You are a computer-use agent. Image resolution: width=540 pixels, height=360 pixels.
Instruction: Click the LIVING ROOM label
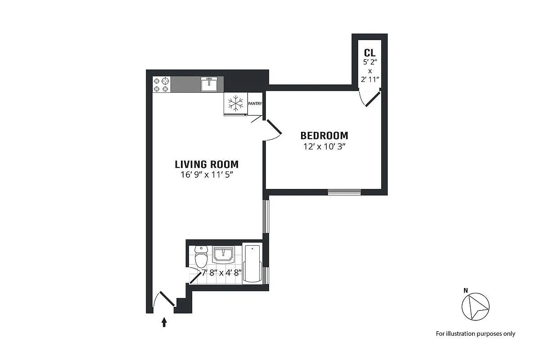coord(207,164)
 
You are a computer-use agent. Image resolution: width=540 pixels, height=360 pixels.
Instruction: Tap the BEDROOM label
coord(324,136)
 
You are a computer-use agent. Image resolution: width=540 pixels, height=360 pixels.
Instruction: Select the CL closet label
coord(370,53)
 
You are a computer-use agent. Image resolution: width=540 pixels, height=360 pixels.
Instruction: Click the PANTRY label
coord(255,103)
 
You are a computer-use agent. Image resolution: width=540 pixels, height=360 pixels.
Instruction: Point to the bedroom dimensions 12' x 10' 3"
coord(324,147)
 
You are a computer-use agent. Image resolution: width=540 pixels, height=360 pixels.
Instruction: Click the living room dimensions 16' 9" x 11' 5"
coord(207,175)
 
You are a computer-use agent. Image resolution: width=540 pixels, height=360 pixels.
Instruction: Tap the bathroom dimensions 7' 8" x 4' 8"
coord(221,273)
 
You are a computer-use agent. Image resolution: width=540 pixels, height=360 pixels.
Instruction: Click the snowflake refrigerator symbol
coord(235,103)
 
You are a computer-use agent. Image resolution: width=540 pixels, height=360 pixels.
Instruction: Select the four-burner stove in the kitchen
coord(161,85)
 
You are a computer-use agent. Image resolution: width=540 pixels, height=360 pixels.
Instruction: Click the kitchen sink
coord(209,85)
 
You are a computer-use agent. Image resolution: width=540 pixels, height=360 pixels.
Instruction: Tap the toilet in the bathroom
coord(201,256)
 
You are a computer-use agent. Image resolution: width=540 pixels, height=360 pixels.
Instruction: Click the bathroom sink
coord(223,255)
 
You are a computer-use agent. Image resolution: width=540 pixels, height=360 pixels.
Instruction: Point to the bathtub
coord(252,264)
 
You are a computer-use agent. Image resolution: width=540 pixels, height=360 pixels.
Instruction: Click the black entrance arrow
coord(164,322)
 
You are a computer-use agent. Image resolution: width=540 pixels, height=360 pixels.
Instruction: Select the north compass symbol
coord(475,307)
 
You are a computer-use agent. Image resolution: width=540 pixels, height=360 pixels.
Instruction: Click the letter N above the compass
coord(466,291)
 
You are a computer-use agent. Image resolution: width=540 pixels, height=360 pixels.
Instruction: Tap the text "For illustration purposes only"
coord(475,334)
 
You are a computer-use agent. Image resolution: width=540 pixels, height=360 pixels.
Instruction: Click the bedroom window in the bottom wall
coord(344,192)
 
